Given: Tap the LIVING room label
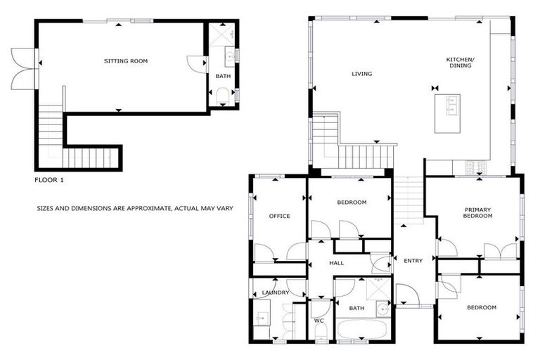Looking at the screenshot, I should [x=361, y=74].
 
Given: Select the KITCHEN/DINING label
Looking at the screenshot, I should [x=461, y=64].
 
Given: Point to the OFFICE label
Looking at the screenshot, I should [x=279, y=216].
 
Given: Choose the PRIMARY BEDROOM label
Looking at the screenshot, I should [x=477, y=213].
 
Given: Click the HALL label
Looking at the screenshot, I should [x=337, y=263].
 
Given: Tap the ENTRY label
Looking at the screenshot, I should [x=413, y=261].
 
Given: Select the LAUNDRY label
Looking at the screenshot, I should [x=276, y=292].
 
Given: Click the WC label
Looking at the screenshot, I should [x=318, y=321].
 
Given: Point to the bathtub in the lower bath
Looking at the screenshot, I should [x=362, y=330].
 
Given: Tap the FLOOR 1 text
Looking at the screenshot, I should [x=49, y=180].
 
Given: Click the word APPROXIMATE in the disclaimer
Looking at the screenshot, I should [x=145, y=209].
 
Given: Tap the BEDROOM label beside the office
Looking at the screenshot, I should [x=352, y=202].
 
